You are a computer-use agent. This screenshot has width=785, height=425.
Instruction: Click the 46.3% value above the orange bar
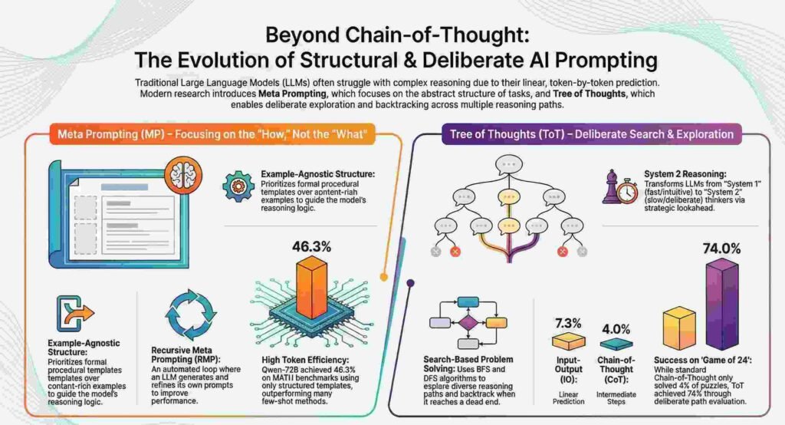point(312,247)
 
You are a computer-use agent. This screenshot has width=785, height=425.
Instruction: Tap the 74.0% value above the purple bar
point(721,249)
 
